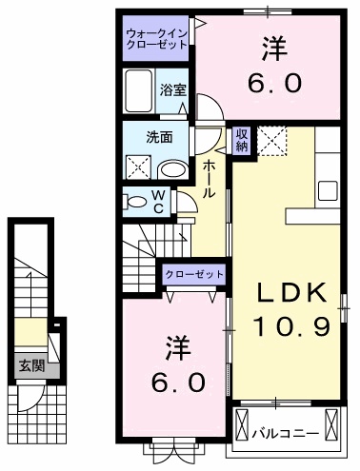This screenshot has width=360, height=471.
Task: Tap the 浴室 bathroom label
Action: (172, 90)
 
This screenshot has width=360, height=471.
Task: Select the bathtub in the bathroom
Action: (139, 90)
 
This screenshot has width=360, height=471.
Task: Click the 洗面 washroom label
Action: (158, 137)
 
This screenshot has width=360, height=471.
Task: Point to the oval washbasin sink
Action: (172, 169)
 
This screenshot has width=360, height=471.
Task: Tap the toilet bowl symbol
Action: (136, 202)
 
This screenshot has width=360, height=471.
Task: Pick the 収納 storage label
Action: (241, 139)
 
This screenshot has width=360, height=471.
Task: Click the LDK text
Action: (291, 292)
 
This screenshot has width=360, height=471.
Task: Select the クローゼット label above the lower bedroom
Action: (194, 274)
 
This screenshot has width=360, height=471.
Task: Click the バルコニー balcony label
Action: (286, 433)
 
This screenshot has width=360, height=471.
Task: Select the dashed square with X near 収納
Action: (274, 143)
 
